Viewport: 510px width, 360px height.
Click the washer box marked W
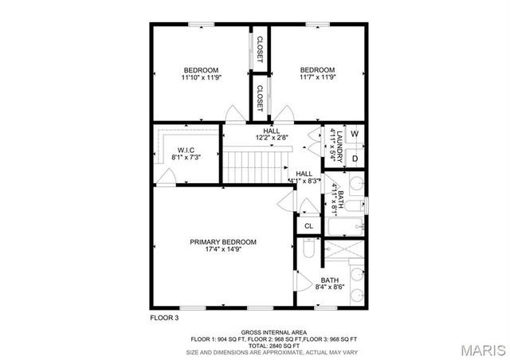[x=355, y=134]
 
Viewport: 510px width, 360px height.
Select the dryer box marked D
[x=355, y=158]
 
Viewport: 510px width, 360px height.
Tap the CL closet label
[x=308, y=226]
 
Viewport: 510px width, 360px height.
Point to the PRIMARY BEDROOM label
[x=223, y=241]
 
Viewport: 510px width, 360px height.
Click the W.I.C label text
[x=186, y=150]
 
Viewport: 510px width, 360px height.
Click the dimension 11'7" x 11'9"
[x=317, y=78]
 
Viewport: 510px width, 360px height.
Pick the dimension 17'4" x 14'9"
[x=223, y=249]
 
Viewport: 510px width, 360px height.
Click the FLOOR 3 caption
[x=165, y=317]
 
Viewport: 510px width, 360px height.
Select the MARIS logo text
[x=482, y=349]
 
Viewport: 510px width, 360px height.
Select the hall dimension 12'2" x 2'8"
[x=271, y=137]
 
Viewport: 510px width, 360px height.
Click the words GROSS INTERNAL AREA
[x=270, y=332]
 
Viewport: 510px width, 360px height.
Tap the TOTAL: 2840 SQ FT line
[x=271, y=345]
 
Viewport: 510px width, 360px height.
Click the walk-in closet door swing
[x=165, y=181]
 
